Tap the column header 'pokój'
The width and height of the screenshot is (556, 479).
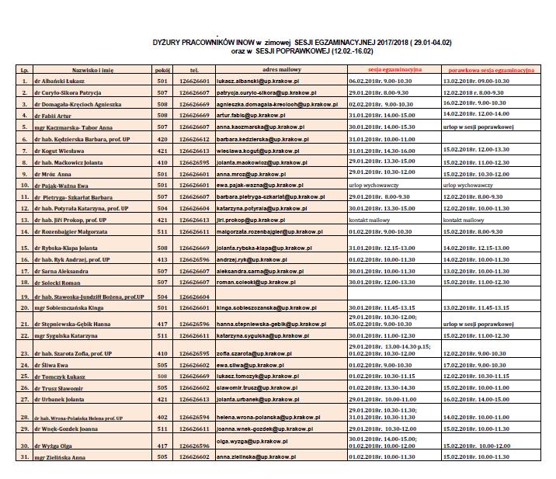(162, 70)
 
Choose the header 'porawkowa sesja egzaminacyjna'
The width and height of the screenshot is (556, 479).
(491, 69)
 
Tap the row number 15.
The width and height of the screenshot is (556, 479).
(25, 248)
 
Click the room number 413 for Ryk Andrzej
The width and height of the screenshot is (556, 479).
(162, 259)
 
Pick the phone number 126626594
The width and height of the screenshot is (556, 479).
(194, 417)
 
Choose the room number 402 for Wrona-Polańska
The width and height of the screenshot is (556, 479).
(162, 417)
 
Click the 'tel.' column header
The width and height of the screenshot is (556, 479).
(194, 70)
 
